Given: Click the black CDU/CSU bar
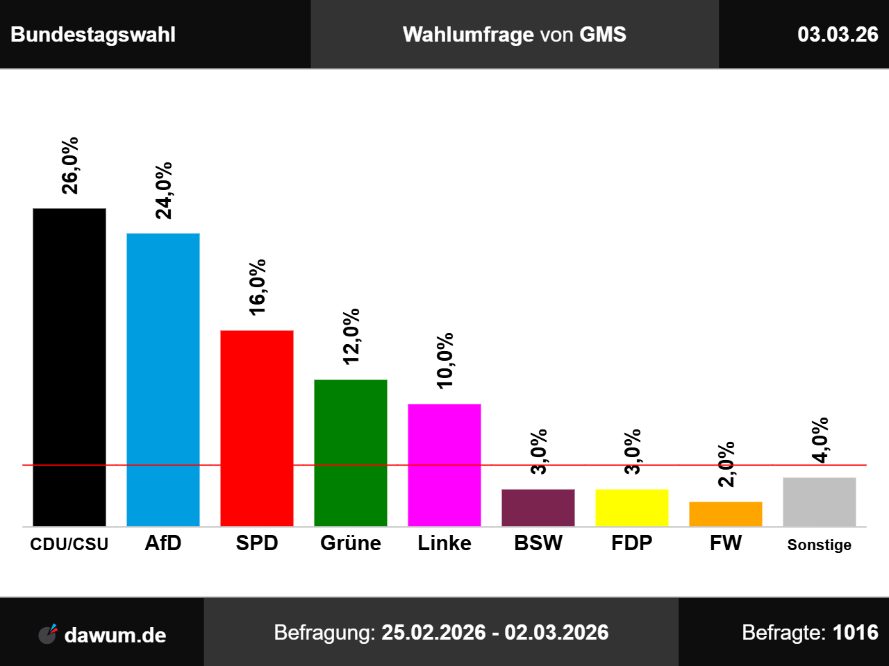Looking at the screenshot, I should tap(69, 367).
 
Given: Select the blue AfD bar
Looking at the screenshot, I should tap(163, 379).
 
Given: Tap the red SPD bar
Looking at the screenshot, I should tap(257, 428).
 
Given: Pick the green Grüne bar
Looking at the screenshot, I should tap(351, 452).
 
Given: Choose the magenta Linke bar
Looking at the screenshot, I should tap(444, 465).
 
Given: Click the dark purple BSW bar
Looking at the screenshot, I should tap(538, 507).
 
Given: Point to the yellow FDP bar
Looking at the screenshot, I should tap(632, 507).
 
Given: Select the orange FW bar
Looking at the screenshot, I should tap(726, 513).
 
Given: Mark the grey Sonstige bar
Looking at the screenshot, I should tap(820, 502).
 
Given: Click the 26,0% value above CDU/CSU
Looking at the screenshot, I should tap(70, 165).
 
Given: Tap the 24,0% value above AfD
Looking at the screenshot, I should tap(164, 191).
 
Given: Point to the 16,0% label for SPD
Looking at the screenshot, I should tap(258, 287).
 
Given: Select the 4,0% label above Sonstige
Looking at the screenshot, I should tap(820, 440).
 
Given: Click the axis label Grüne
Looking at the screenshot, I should tap(351, 543).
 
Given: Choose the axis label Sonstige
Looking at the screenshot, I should tap(820, 545).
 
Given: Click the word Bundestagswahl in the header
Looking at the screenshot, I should tap(93, 35).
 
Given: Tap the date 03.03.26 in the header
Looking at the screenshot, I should tap(838, 35).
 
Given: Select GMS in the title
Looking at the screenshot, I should tap(603, 35).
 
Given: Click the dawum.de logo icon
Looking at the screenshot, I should tap(48, 633).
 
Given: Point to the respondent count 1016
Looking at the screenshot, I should tap(855, 633).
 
